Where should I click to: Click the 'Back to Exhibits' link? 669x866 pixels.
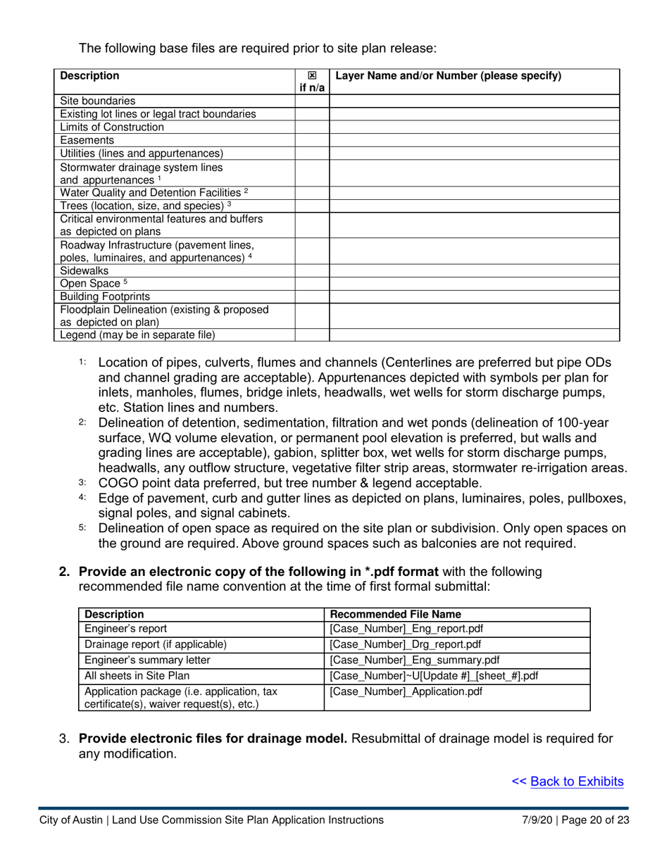(x=576, y=781)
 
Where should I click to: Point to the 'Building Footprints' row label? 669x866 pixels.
(x=105, y=296)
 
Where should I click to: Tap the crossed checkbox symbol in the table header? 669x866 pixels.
(x=312, y=76)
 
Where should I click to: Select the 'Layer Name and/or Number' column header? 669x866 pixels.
(x=449, y=76)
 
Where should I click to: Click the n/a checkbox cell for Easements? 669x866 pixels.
(x=312, y=140)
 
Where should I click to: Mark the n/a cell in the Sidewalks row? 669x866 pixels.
(x=312, y=270)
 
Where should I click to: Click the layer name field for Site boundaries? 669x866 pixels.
(x=474, y=101)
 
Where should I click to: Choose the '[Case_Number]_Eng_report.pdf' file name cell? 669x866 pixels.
(x=406, y=629)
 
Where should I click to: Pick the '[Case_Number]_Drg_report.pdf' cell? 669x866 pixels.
(x=406, y=644)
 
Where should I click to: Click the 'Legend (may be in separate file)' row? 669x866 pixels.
(x=137, y=335)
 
